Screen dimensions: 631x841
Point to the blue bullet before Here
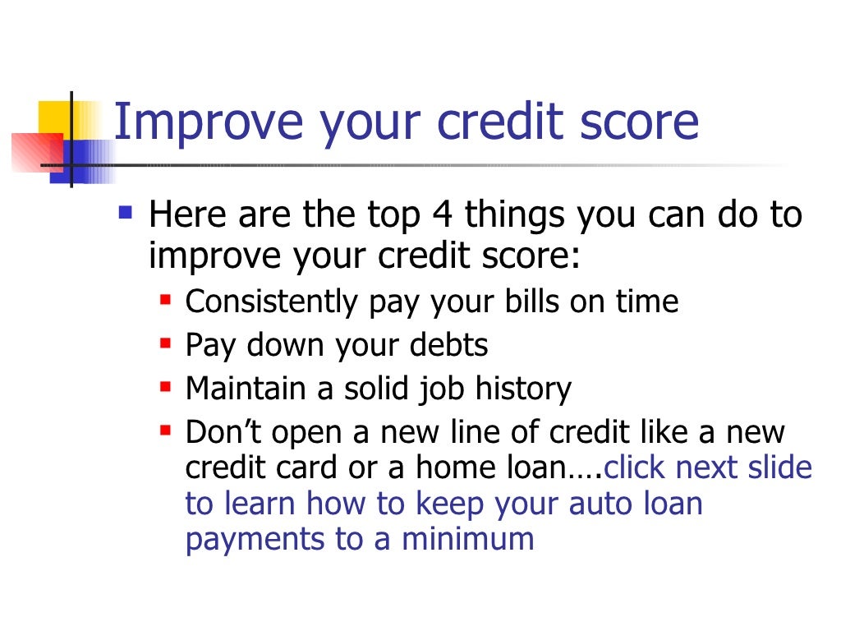point(125,214)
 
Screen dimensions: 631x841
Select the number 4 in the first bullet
point(439,216)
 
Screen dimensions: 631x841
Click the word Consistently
point(272,302)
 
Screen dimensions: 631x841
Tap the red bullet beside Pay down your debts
point(165,340)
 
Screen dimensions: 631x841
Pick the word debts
point(449,345)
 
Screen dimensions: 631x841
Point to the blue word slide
point(778,468)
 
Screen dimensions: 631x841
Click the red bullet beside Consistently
point(165,297)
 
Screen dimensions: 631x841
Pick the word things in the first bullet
point(515,216)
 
